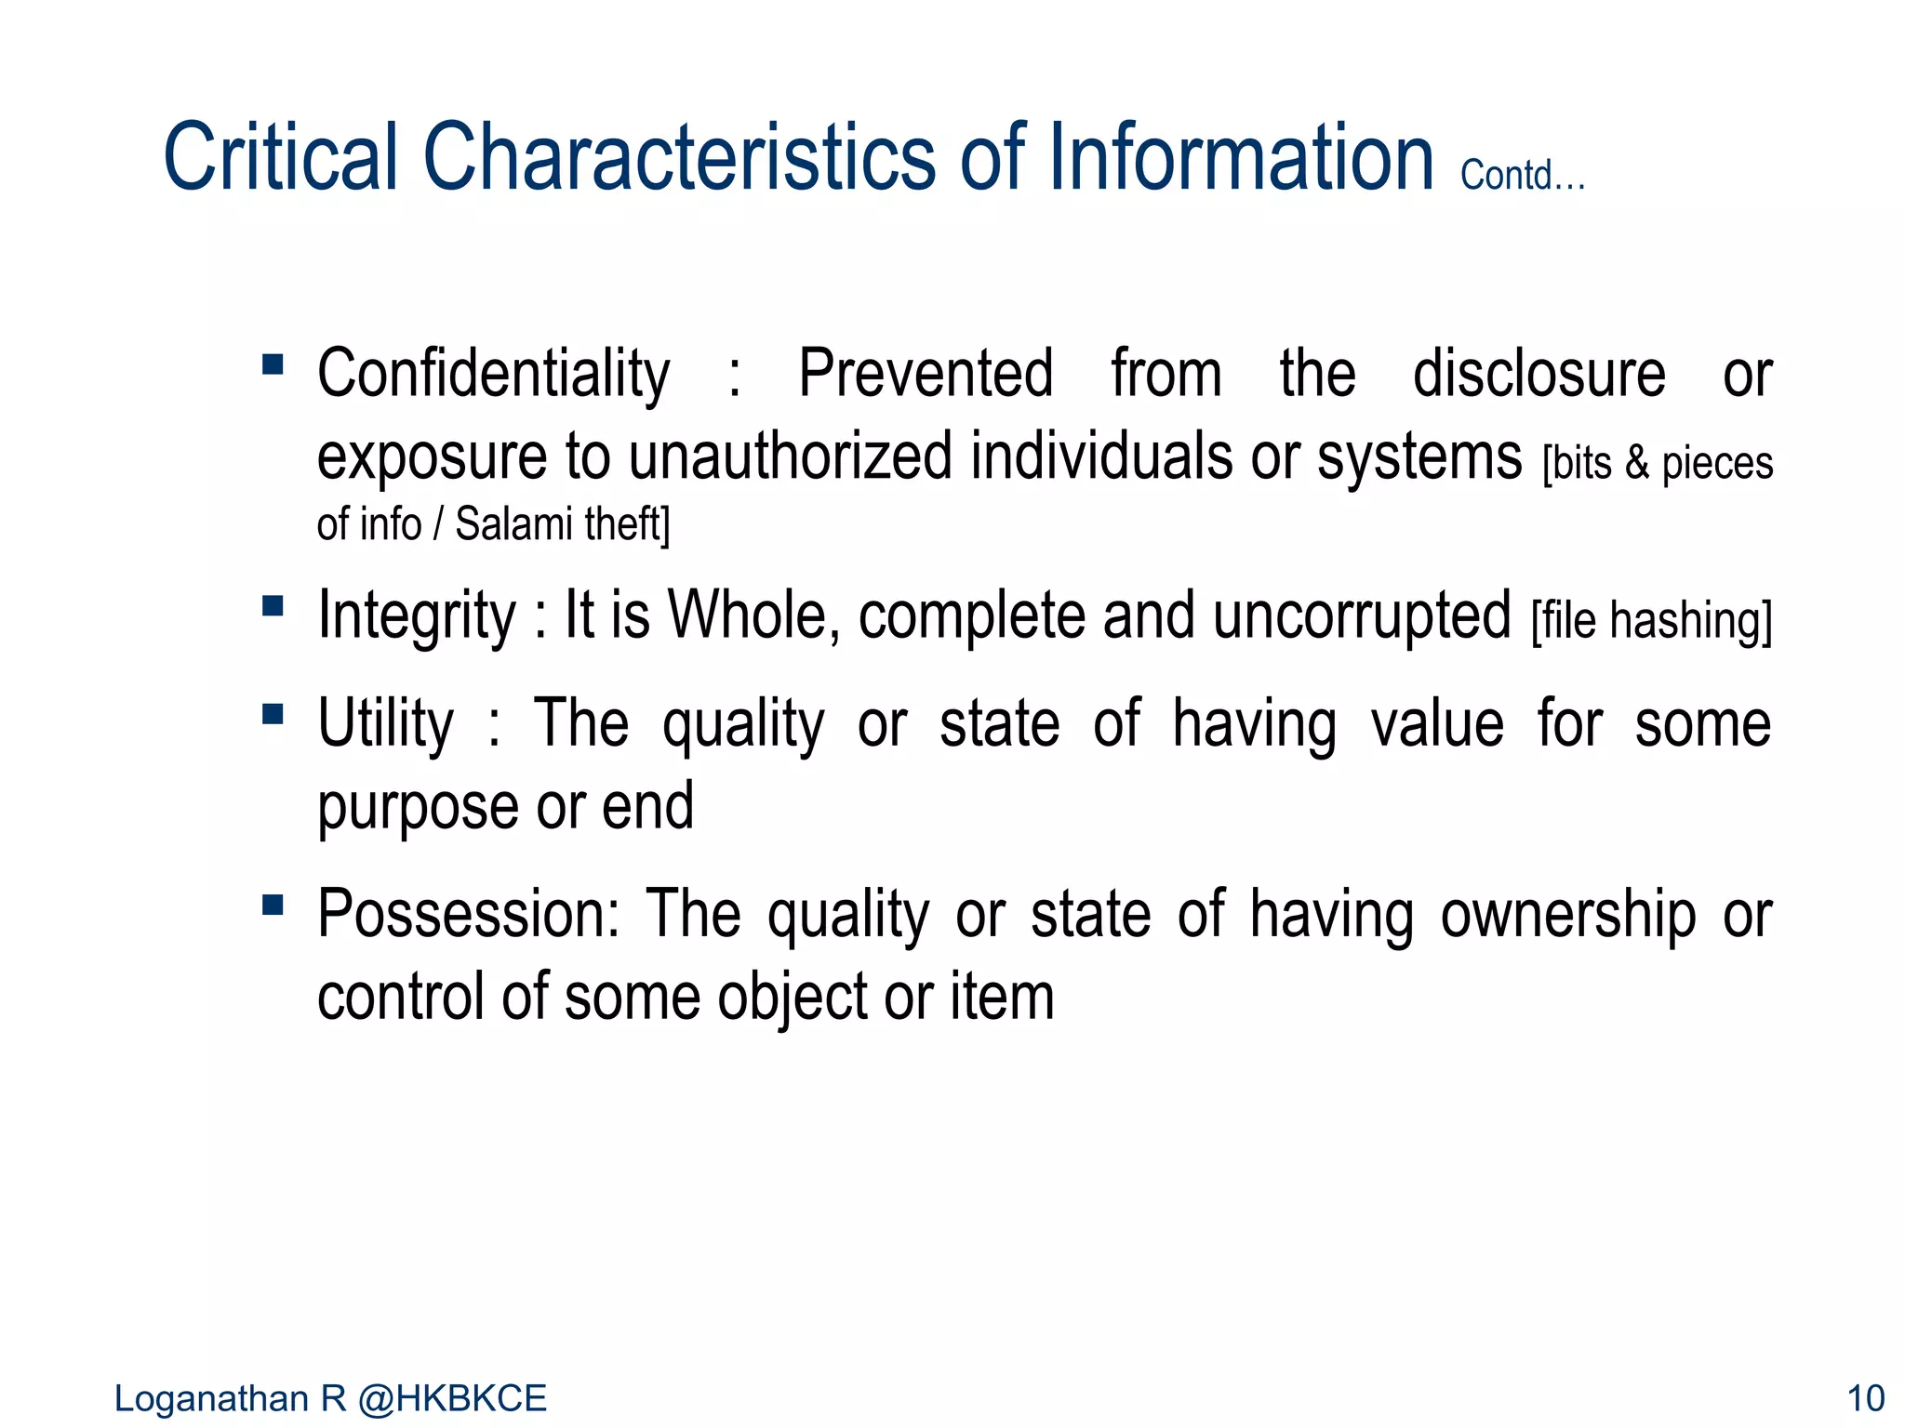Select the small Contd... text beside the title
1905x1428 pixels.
(1522, 175)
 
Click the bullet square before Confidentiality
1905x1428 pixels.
(273, 364)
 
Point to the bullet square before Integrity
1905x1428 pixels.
(273, 606)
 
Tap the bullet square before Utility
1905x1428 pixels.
(273, 714)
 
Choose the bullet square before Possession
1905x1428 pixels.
(273, 905)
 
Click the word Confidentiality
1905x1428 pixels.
(493, 374)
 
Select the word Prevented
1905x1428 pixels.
(926, 374)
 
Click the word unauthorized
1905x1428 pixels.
(791, 456)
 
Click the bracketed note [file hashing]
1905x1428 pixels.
(1651, 621)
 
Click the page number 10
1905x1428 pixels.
(1865, 1398)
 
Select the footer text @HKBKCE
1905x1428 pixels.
(452, 1398)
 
